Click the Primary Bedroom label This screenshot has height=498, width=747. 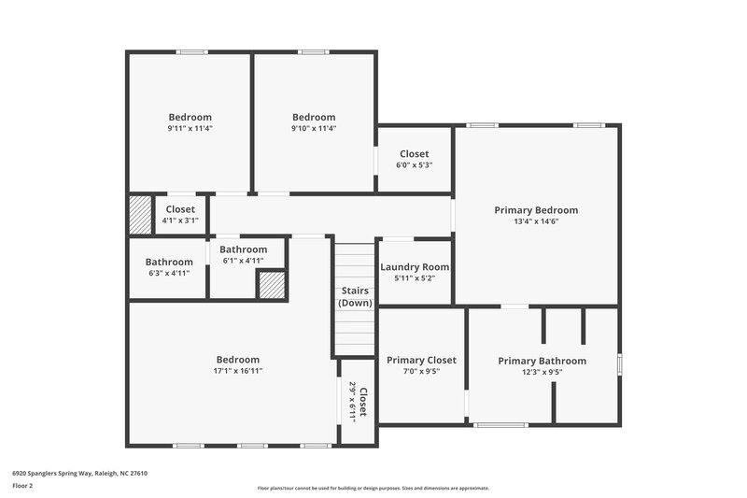pyautogui.click(x=536, y=210)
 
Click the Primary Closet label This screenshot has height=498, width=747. pyautogui.click(x=421, y=360)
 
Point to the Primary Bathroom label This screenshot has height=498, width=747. pyautogui.click(x=542, y=361)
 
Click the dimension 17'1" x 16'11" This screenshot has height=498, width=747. pyautogui.click(x=238, y=371)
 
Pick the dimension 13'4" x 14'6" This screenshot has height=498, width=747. pyautogui.click(x=536, y=222)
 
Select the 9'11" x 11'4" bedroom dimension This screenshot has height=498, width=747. pyautogui.click(x=190, y=128)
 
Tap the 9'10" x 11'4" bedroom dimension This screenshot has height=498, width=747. pyautogui.click(x=313, y=128)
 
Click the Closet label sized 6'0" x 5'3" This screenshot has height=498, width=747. pyautogui.click(x=414, y=153)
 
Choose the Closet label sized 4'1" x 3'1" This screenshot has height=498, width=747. pyautogui.click(x=180, y=209)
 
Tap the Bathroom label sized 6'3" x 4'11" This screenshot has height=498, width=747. pyautogui.click(x=169, y=262)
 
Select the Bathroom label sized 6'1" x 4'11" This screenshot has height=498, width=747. pyautogui.click(x=243, y=249)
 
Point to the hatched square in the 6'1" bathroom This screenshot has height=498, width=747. pyautogui.click(x=272, y=285)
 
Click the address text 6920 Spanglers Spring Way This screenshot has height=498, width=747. pyautogui.click(x=79, y=473)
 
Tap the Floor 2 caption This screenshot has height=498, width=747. pyautogui.click(x=23, y=486)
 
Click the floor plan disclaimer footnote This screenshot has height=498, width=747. pyautogui.click(x=373, y=488)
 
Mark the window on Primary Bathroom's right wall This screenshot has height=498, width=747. pyautogui.click(x=619, y=363)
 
